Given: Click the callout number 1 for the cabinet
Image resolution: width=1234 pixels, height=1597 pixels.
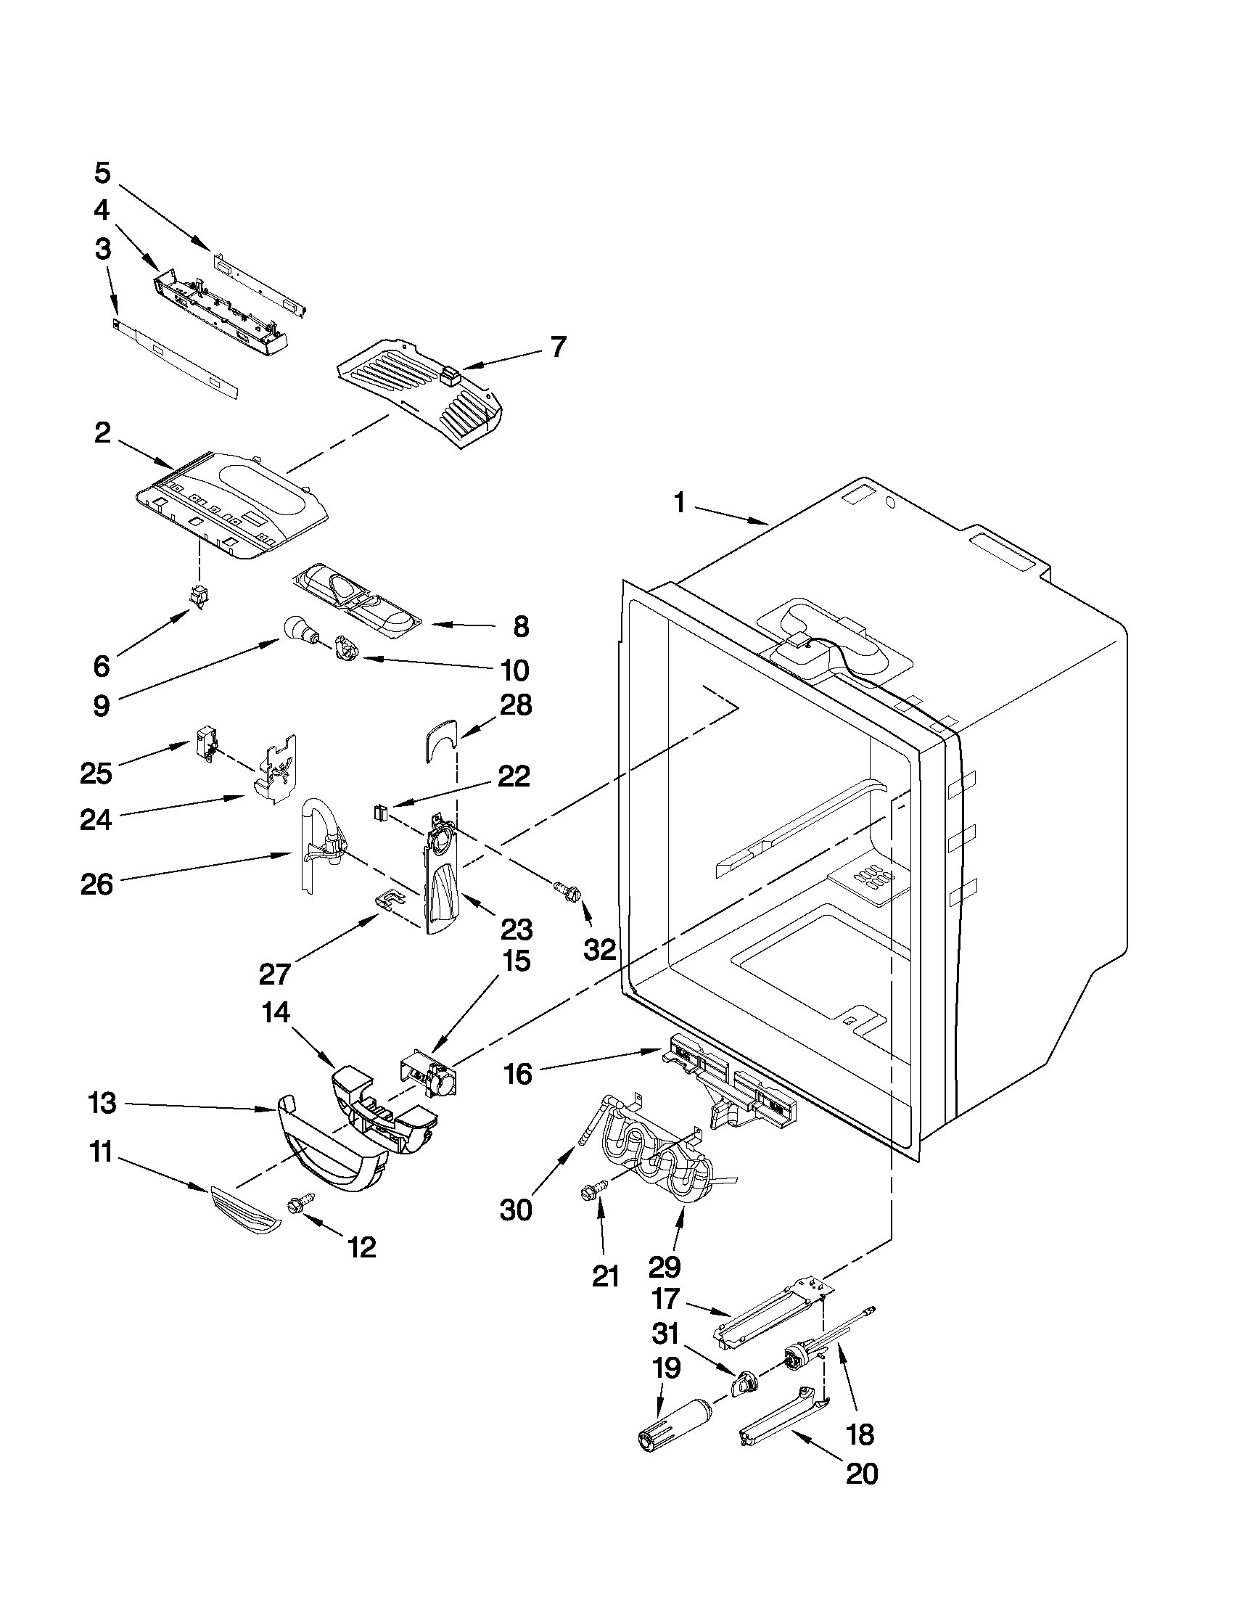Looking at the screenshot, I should (679, 503).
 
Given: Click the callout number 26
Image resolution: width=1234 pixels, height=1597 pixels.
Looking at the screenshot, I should (97, 884).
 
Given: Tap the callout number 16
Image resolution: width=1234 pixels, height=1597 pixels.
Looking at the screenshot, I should (518, 1074).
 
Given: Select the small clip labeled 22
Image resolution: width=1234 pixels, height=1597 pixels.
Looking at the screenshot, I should (379, 812).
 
